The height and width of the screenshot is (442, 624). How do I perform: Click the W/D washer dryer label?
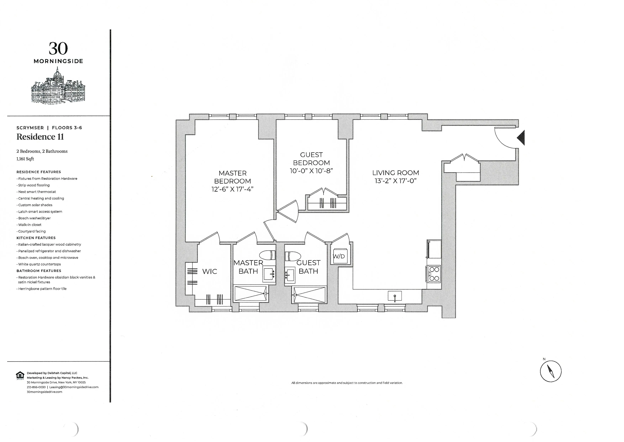(x=339, y=256)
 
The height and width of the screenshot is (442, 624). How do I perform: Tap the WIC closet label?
(x=210, y=271)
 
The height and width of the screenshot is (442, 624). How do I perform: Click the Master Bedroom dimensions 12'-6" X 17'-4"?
(x=232, y=189)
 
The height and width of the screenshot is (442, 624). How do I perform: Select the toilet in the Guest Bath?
(x=293, y=256)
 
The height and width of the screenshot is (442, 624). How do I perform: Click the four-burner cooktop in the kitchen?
(x=434, y=274)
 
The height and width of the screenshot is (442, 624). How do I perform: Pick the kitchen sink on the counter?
(x=395, y=296)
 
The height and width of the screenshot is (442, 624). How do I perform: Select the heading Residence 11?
(x=40, y=137)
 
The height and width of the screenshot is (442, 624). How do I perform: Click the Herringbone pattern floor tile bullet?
(x=42, y=289)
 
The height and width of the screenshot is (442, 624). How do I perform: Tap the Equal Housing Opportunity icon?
(x=20, y=376)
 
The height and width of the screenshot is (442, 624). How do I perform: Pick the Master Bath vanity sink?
(x=269, y=274)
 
